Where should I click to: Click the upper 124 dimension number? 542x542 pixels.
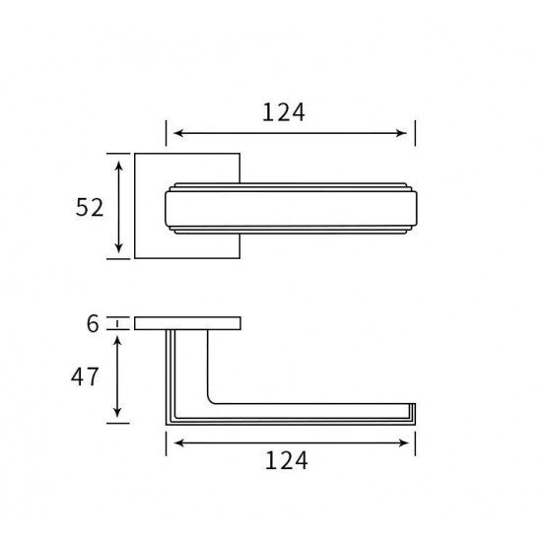coord(284,112)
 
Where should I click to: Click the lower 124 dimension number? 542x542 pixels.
coord(286,461)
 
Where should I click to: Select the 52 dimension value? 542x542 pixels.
coord(90,207)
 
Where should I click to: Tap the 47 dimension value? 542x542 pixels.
coord(85,376)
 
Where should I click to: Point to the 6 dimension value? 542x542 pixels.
coord(93,324)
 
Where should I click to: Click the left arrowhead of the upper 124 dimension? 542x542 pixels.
coord(178,133)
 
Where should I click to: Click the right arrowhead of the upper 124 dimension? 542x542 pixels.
coord(402,133)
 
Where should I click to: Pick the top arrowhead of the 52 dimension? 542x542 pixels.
coord(119,166)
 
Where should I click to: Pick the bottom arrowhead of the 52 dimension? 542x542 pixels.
coord(119,248)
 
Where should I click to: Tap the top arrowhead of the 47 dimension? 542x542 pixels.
coord(117,341)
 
